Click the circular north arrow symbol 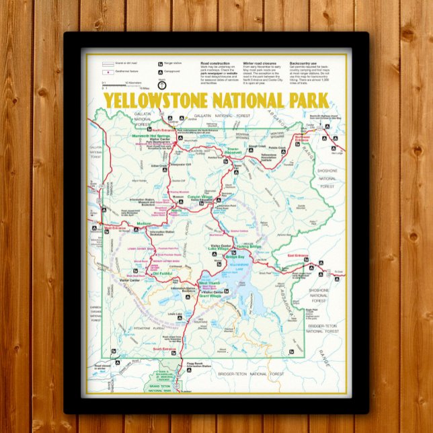pos(161,85)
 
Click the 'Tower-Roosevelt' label pos(233,149)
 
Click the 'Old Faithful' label pos(162,273)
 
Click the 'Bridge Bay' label pos(235,258)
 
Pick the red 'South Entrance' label pos(164,349)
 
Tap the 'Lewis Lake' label pos(175,314)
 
